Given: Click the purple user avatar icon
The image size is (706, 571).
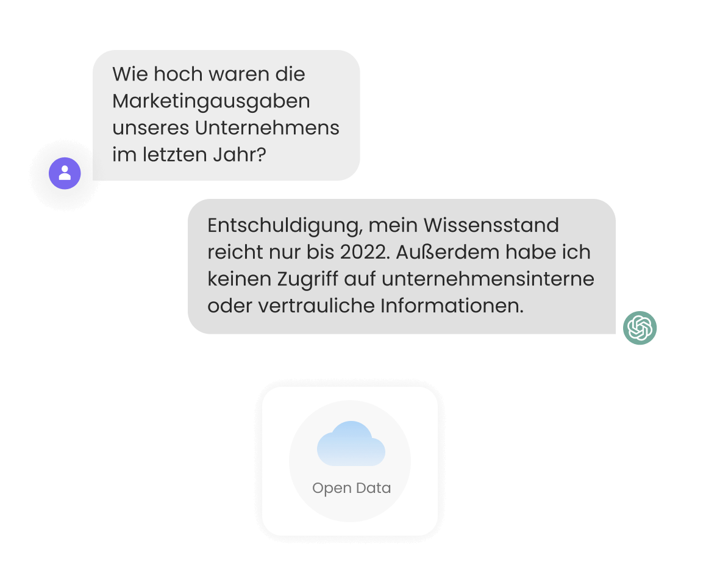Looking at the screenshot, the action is click(65, 173).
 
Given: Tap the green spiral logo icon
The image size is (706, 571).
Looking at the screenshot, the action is click(640, 328).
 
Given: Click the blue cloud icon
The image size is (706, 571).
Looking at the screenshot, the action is click(351, 444).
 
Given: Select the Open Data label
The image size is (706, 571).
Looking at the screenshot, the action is click(352, 488).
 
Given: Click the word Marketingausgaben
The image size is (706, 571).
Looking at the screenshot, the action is click(211, 101).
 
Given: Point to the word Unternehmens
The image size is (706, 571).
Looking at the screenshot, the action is click(267, 127).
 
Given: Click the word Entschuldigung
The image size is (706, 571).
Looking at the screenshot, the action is click(285, 225).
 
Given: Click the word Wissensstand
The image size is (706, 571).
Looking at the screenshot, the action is click(491, 225).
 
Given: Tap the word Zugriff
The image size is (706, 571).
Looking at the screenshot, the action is click(307, 279).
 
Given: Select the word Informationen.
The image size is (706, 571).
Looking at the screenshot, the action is click(452, 306).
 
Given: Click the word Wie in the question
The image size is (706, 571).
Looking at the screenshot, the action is click(130, 74).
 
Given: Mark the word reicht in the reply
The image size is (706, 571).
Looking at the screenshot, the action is click(235, 252).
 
